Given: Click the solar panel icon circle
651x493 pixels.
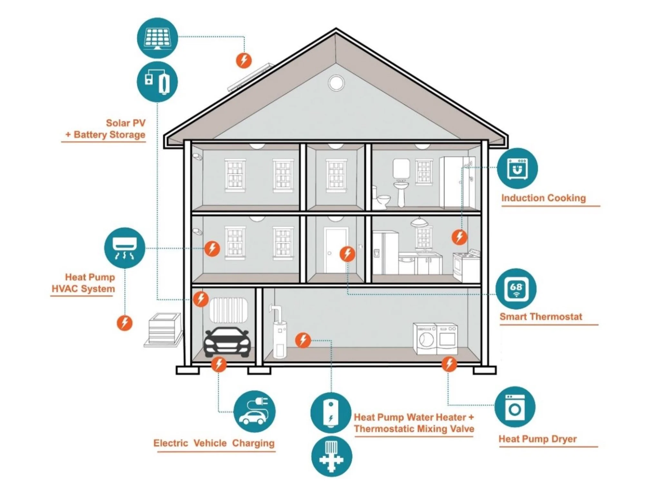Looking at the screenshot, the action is [157, 38].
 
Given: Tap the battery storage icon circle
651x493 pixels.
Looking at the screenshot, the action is [157, 82].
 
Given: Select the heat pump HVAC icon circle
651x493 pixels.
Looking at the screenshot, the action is [124, 248].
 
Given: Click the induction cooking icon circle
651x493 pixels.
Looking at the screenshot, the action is [517, 168].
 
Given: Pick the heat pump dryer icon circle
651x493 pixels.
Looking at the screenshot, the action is [515, 407].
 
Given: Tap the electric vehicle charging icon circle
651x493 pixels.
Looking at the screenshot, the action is [254, 412].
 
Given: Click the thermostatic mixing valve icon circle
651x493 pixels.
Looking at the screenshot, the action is [331, 456].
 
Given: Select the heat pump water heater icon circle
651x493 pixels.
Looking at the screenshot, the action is [331, 413].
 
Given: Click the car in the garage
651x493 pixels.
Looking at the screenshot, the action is [227, 342].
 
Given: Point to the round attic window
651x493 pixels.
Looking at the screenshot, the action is [336, 83].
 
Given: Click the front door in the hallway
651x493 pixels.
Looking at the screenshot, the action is [335, 250].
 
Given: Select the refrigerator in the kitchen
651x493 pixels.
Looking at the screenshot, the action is [385, 253].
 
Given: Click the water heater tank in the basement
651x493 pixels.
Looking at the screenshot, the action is [279, 339].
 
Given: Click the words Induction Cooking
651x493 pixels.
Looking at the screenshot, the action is [543, 198].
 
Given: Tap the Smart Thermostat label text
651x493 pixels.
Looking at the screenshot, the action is [541, 317].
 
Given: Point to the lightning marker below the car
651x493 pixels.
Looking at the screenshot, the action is [219, 364].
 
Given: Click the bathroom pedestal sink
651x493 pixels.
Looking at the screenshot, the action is [401, 192].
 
